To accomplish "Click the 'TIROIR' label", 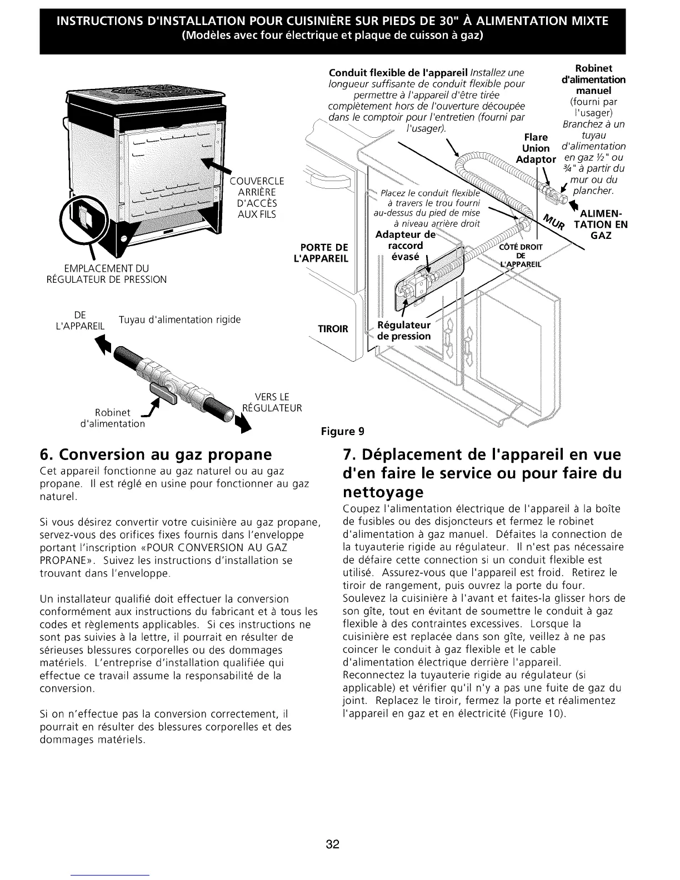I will pyautogui.click(x=332, y=329).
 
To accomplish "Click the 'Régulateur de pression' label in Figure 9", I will pyautogui.click(x=404, y=331).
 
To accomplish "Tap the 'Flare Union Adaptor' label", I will pyautogui.click(x=536, y=148).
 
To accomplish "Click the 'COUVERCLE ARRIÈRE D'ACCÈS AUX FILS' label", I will pyautogui.click(x=257, y=197).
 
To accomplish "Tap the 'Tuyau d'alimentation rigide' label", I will pyautogui.click(x=179, y=320).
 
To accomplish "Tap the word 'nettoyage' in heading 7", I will pyautogui.click(x=383, y=492).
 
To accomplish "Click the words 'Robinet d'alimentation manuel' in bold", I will pyautogui.click(x=593, y=79).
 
